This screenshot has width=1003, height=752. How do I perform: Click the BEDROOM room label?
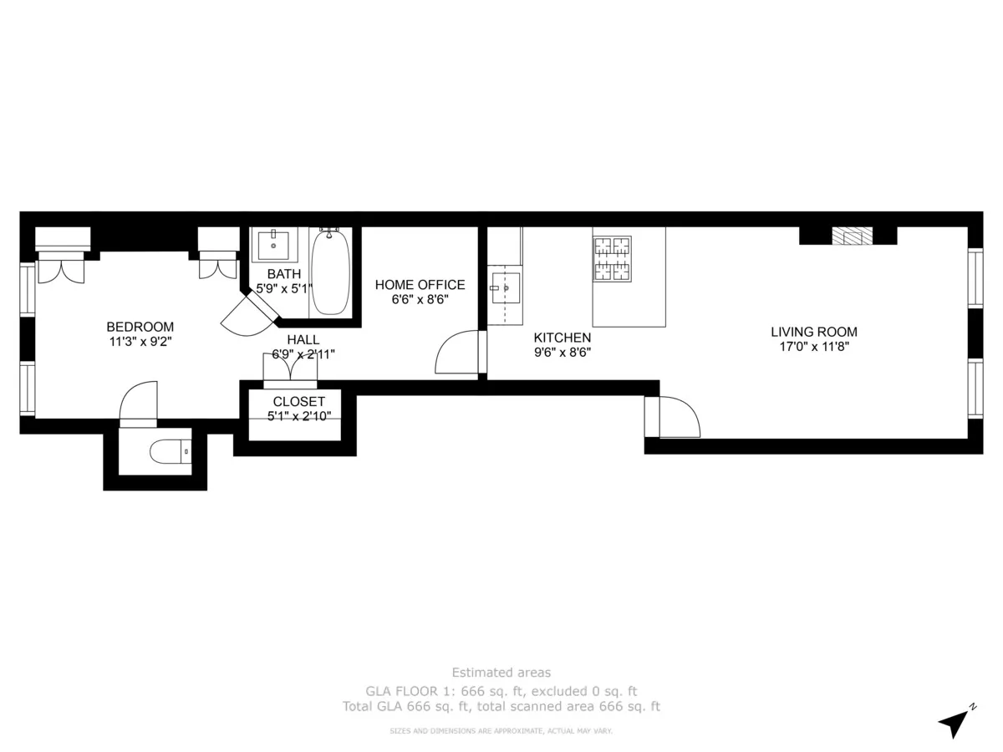coord(140,327)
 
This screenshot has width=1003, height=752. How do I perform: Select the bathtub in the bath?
coord(330,272)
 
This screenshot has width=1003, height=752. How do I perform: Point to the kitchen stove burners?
coord(613,258)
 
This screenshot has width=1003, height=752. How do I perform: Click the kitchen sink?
coord(506,287)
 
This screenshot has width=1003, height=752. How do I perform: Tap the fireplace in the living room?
coord(851,236)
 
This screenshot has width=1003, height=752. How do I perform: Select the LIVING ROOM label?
coord(813,332)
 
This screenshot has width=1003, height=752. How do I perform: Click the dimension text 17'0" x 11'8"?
coord(813,347)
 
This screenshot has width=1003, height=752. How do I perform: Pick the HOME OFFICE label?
coord(420,285)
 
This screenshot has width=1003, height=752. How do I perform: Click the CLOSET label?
coord(298,402)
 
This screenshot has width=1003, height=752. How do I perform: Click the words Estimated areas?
coord(501,672)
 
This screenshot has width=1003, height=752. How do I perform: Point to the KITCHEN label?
coord(563,338)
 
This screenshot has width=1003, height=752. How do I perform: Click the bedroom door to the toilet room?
coord(139,405)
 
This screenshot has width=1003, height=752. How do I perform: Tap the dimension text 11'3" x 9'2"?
coord(140,341)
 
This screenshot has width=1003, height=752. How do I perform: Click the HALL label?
coord(303,339)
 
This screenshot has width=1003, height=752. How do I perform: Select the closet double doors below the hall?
coord(290,370)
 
